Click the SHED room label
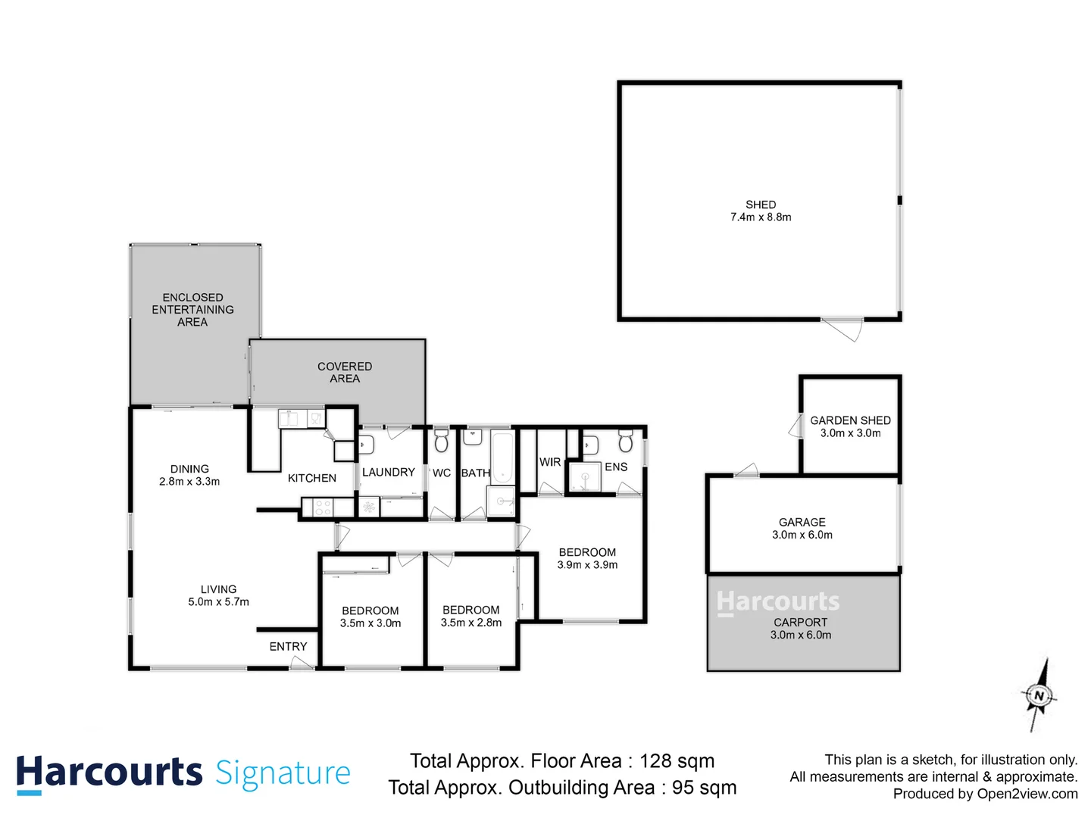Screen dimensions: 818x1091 761,204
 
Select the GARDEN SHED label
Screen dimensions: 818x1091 850,420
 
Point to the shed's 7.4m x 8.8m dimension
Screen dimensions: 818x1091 761,217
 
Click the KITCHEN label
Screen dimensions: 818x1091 311,478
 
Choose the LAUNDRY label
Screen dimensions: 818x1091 388,472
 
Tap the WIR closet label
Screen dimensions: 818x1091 550,462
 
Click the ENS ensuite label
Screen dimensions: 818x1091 616,467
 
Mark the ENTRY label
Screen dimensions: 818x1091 288,646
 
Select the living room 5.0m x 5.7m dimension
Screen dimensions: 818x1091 218,602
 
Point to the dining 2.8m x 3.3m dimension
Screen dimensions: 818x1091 189,482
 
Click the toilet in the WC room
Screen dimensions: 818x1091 442,442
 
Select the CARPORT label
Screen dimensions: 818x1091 800,622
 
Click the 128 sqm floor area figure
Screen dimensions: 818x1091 677,761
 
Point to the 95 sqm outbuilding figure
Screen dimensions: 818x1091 704,788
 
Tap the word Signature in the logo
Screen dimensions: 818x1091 283,773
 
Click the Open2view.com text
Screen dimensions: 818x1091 1027,794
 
